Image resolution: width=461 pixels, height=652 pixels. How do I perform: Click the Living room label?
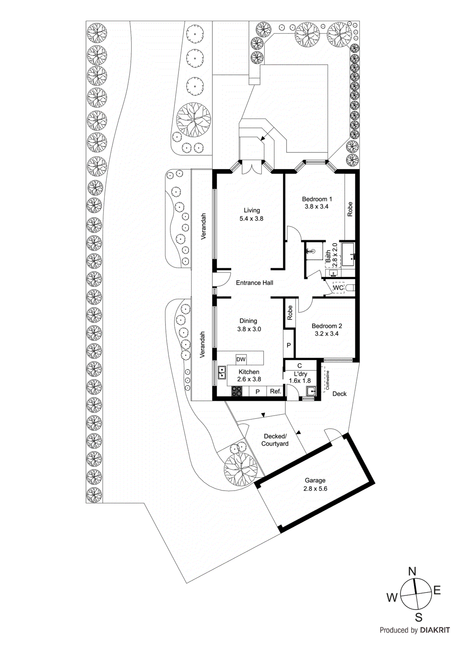pyautogui.click(x=251, y=210)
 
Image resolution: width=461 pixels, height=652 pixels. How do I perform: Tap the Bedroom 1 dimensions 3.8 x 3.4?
pyautogui.click(x=316, y=207)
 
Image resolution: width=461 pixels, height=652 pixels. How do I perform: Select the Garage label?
pyautogui.click(x=315, y=480)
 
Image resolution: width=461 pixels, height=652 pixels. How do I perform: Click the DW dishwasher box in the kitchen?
pyautogui.click(x=241, y=359)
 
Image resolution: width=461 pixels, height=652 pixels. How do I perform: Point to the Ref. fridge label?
pyautogui.click(x=276, y=391)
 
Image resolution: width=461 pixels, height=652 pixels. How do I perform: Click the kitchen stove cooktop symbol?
pyautogui.click(x=236, y=392)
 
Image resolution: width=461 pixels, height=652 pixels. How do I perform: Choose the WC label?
pyautogui.click(x=338, y=288)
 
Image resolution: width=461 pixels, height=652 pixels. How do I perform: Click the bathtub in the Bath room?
pyautogui.click(x=348, y=254)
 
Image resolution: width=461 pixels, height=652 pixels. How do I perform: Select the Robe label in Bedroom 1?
pyautogui.click(x=350, y=209)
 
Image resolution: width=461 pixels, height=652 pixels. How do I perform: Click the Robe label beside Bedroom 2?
pyautogui.click(x=290, y=313)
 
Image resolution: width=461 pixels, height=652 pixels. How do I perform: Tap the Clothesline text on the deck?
pyautogui.click(x=327, y=380)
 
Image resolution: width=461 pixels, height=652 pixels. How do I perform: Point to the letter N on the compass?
pyautogui.click(x=412, y=571)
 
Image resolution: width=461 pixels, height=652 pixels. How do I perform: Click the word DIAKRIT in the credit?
pyautogui.click(x=435, y=630)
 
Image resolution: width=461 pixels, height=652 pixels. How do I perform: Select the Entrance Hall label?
pyautogui.click(x=254, y=283)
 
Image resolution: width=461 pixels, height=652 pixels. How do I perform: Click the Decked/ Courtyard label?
pyautogui.click(x=275, y=440)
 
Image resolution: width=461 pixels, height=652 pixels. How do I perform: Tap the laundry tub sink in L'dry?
pyautogui.click(x=311, y=392)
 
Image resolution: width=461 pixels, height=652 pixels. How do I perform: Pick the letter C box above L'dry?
pyautogui.click(x=300, y=366)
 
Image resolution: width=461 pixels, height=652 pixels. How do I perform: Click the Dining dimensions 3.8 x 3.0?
pyautogui.click(x=249, y=329)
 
